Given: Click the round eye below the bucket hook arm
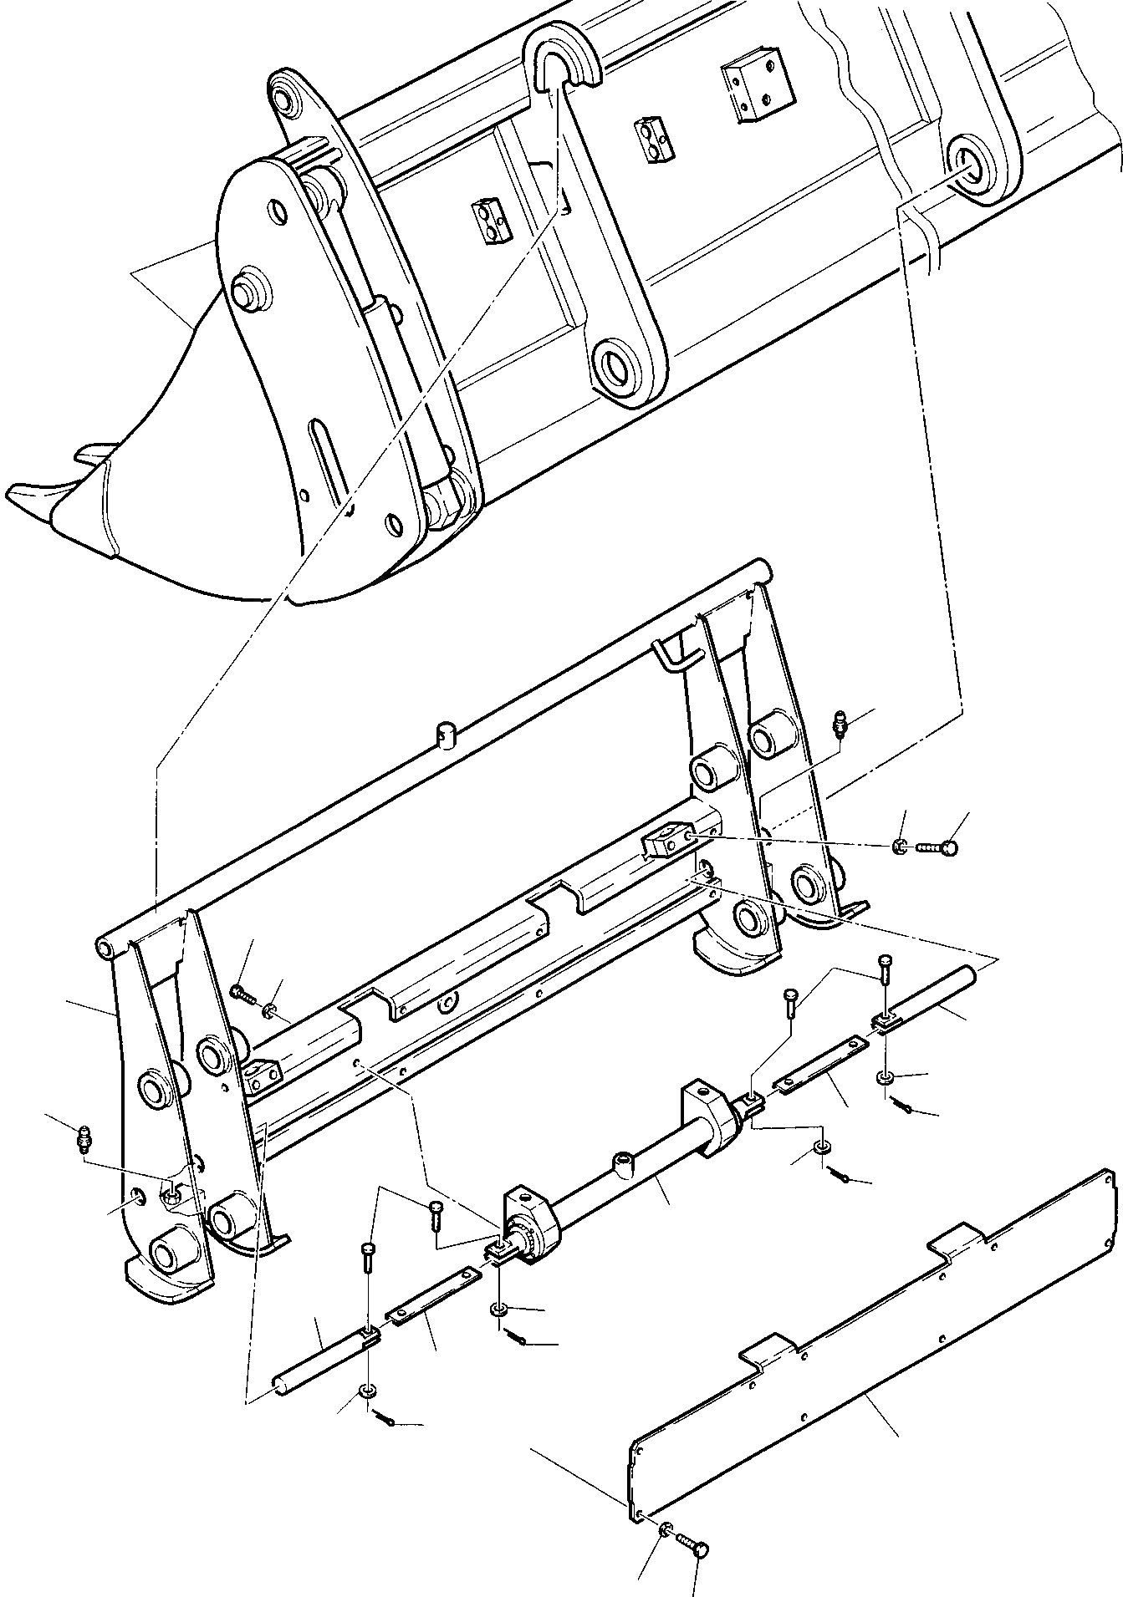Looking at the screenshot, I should pos(620,366).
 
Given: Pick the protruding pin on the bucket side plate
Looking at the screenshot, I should pos(248,291).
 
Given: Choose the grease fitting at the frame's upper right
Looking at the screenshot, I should pos(841,723).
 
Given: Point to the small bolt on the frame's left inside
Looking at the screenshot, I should pos(241,993).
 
